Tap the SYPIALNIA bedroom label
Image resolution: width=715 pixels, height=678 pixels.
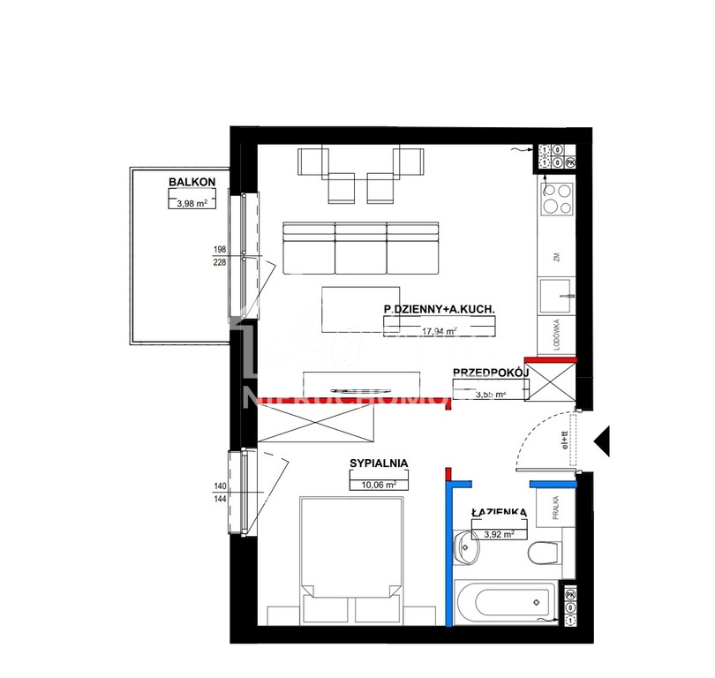[378, 463]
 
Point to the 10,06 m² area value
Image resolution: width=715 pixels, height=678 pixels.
[378, 484]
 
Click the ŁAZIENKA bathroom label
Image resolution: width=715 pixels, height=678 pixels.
[499, 512]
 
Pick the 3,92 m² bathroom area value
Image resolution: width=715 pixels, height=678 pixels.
[499, 532]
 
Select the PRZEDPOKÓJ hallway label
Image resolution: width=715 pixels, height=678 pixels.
[490, 373]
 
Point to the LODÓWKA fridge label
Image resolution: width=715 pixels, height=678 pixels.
[557, 336]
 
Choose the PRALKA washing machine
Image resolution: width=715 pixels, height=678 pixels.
[556, 510]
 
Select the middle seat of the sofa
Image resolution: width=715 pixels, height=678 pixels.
[360, 247]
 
